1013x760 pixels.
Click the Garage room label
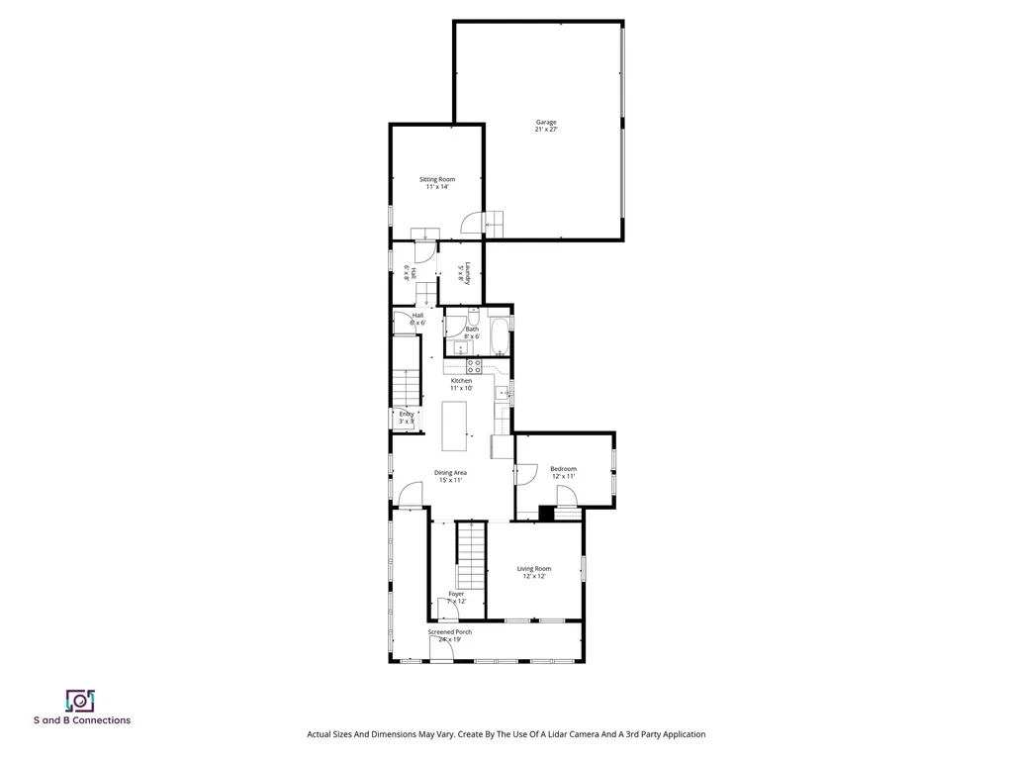point(546,126)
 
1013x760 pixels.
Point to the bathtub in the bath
point(499,335)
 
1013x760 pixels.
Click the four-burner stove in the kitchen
point(474,366)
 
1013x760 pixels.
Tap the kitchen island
point(455,426)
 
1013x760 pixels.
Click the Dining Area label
point(450,476)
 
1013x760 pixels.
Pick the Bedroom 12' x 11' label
point(563,472)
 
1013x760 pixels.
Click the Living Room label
point(534,572)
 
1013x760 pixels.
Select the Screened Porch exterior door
point(441,649)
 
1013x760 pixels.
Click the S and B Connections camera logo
point(80,701)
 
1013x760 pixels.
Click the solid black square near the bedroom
point(546,514)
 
